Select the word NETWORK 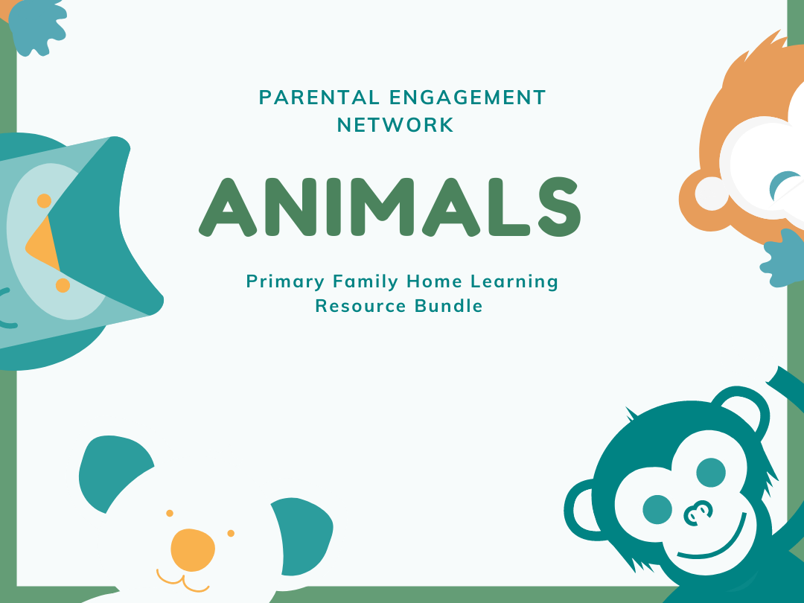tap(395, 125)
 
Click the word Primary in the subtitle tap(286, 281)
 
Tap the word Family tap(366, 281)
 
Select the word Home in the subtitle tap(435, 281)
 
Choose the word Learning tap(514, 281)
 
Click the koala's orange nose tap(192, 549)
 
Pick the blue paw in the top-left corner tap(37, 26)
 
